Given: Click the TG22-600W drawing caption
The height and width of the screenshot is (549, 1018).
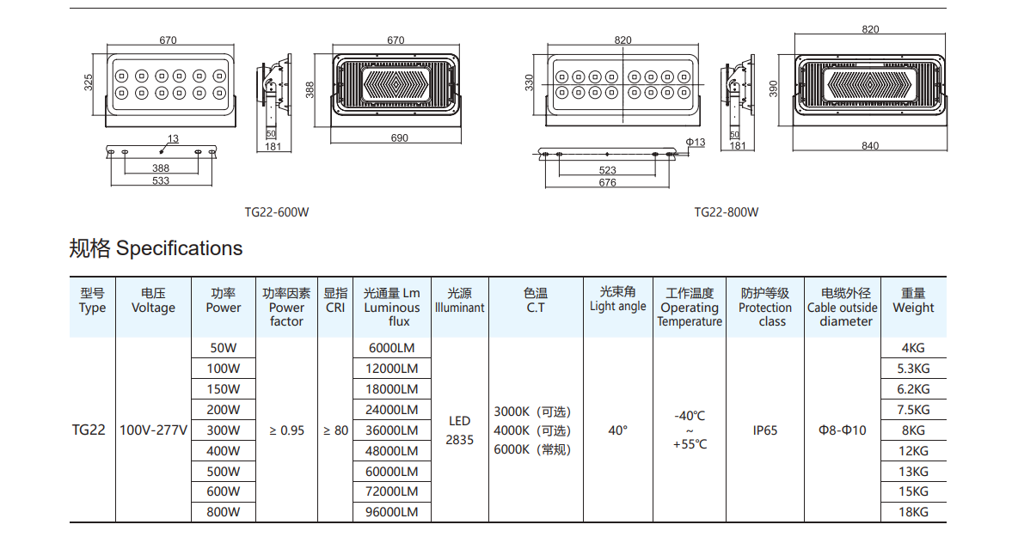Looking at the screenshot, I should click(276, 212).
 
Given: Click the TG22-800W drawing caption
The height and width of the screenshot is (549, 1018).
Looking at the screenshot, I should click(727, 212).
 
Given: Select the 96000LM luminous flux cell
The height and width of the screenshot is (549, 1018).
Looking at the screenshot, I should click(392, 512).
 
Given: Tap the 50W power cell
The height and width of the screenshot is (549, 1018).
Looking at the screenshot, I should click(223, 348).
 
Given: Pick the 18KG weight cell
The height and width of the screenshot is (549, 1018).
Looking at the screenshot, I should click(913, 512).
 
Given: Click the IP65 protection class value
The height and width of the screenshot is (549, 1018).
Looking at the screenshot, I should click(764, 430).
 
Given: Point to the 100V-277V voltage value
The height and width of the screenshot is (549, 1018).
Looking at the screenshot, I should click(153, 430).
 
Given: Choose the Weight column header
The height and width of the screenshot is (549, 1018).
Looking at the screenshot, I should click(913, 301).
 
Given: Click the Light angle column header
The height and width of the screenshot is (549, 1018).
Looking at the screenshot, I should click(617, 300).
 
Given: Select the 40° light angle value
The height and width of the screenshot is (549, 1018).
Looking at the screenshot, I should click(617, 430).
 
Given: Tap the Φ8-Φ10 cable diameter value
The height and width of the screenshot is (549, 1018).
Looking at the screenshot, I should click(843, 430).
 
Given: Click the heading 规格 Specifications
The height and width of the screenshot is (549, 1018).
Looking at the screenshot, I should click(156, 249).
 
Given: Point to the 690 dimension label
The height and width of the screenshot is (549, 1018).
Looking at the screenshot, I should click(400, 137).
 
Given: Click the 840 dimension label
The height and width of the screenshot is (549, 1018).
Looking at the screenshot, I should click(870, 145).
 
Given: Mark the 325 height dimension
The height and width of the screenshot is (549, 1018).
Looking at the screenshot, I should click(89, 82).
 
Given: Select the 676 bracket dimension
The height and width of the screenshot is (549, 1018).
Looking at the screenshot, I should click(607, 182).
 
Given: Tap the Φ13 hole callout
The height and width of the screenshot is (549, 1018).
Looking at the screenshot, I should click(695, 142).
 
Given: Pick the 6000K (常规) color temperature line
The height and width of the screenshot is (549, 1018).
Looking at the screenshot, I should click(532, 449).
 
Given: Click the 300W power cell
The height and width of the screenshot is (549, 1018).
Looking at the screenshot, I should click(223, 430).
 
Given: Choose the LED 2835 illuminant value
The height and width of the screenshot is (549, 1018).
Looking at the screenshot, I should click(459, 430).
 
